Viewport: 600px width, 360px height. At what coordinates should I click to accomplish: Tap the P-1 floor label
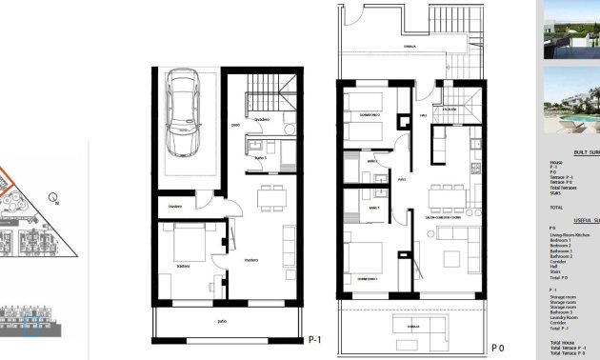coord(315,339)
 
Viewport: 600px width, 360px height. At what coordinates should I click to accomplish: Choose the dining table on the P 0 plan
coord(444,197)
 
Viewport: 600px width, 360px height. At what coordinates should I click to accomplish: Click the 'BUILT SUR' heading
coord(585,152)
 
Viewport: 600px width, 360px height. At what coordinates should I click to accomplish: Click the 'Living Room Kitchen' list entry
coord(570,233)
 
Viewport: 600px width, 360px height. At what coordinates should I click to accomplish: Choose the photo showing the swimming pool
coord(570,102)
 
